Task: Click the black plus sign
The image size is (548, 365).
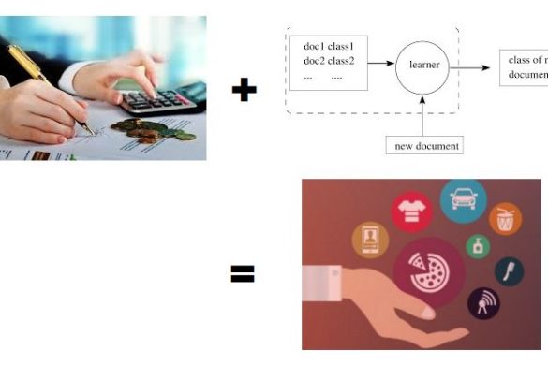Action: [x=244, y=91]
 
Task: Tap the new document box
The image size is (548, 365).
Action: [x=424, y=145]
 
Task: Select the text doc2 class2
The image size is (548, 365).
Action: [x=331, y=62]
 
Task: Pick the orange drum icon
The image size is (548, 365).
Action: [x=505, y=218]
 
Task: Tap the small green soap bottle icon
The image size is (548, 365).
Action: [x=479, y=247]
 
